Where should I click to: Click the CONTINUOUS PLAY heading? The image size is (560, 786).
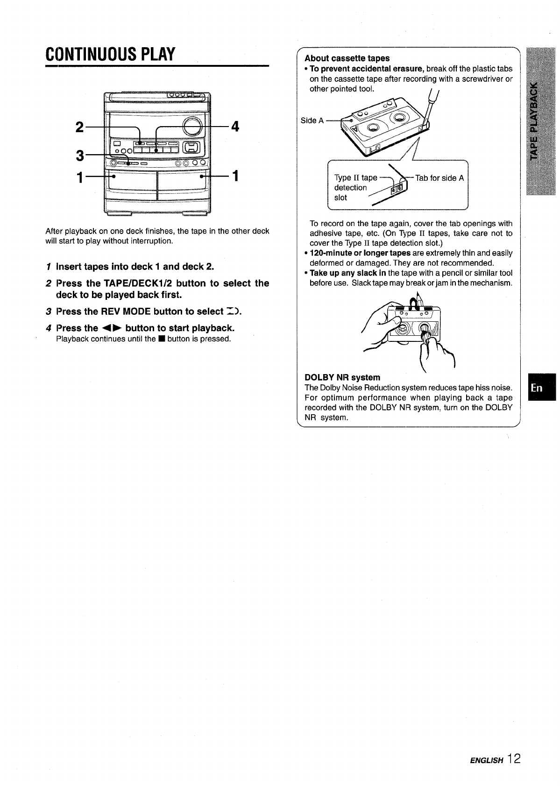coord(110,55)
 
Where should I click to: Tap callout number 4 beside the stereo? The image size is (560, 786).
coord(234,127)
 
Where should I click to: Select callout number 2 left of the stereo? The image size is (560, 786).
coord(79,127)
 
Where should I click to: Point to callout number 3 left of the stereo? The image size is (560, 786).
coord(79,155)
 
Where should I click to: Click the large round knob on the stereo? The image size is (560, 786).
coord(192,126)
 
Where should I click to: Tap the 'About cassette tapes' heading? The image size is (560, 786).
coord(347,58)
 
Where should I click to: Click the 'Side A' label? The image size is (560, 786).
coord(312,120)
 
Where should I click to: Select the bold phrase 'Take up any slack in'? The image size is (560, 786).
coord(348,273)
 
